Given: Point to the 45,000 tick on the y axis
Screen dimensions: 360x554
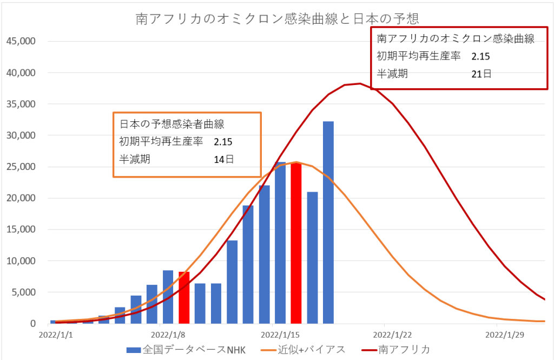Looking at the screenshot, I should pos(20,41).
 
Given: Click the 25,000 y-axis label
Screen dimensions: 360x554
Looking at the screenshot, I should pos(20,167).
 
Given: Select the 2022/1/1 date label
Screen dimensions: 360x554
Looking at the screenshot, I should pos(56,335).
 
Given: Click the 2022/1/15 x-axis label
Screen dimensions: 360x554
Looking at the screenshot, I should pos(279,335).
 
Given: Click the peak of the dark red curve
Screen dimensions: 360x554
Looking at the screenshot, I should pos(360,83).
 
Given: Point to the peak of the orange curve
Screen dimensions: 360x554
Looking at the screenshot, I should pos(295,162).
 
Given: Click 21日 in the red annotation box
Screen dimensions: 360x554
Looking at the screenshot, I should pos(481,74).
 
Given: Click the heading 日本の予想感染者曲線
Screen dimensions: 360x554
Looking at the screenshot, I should pos(161,124).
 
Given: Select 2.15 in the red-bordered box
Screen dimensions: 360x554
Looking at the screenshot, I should pos(480,56).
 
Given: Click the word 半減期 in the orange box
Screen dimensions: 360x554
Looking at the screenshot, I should pos(135,159).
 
